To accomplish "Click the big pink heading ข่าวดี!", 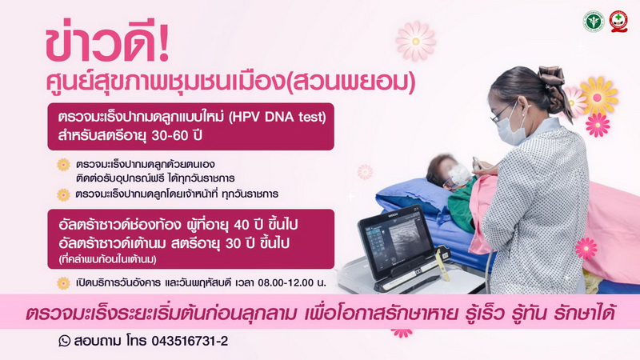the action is point(107,44).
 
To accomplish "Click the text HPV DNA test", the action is point(278,117).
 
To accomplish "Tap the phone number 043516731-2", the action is point(190,341).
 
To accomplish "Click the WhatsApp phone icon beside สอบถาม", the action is point(64,341).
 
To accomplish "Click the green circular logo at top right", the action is point(594,22).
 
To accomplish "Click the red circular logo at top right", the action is point(618,22).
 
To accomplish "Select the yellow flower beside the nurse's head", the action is point(598,97).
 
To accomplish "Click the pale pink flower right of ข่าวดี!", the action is point(415,42).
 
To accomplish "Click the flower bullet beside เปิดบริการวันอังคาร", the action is point(63,283).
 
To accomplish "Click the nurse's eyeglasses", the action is point(501,113).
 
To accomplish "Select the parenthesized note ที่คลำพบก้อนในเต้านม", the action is point(108,259).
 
